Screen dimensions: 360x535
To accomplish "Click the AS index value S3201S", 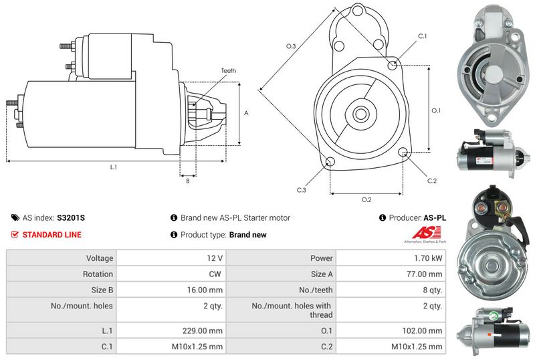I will tap(71, 217).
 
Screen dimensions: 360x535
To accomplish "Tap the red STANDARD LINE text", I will tap(51, 235).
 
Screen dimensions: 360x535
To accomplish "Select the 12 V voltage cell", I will tap(215, 258).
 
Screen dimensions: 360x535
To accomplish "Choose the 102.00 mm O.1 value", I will tap(425, 331).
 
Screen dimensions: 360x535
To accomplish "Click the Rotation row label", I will tap(98, 274).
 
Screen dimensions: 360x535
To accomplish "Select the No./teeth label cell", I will tap(320, 290).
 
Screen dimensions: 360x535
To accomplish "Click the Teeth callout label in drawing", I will tap(228, 71).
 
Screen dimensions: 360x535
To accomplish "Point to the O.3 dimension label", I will tap(291, 46).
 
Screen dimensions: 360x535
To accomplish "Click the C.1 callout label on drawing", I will tap(422, 35).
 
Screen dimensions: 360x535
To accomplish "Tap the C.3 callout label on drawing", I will tap(301, 190).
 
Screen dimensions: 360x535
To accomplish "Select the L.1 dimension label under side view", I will tap(114, 167).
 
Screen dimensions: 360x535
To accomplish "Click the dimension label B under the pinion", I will tap(187, 180).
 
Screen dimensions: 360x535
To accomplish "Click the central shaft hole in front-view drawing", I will tap(360, 114).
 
